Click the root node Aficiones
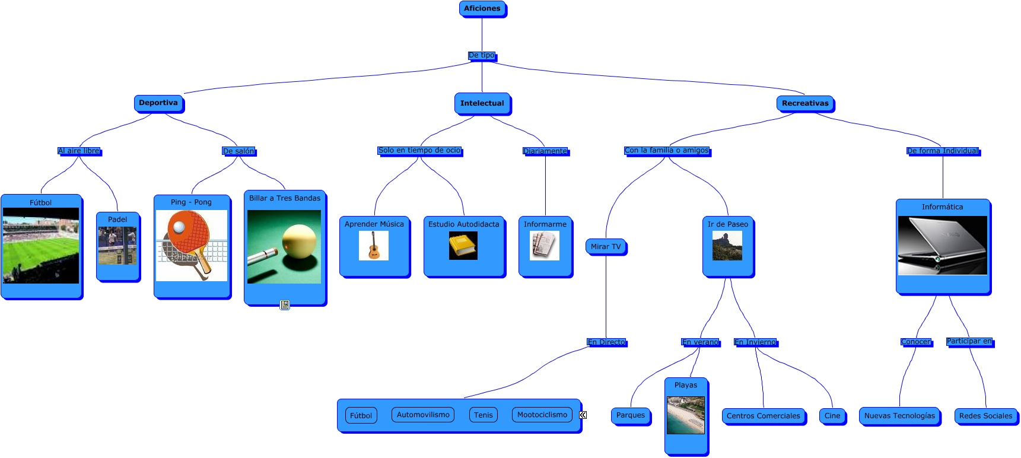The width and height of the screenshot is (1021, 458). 482,9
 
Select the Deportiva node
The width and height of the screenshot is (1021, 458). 158,103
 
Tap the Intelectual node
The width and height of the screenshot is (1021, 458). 482,103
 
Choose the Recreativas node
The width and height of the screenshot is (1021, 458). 805,103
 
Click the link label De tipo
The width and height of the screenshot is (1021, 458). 482,55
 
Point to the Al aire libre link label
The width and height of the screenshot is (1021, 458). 79,151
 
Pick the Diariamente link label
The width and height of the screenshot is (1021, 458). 545,151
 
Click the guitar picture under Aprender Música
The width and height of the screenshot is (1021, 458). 374,246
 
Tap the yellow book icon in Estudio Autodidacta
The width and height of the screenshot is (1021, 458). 463,246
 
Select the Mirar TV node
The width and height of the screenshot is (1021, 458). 606,247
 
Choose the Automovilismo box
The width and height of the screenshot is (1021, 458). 423,415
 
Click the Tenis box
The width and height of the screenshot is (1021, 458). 484,415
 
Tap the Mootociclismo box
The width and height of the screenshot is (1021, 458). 542,415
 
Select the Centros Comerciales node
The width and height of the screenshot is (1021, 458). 764,416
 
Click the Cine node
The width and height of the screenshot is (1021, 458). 832,416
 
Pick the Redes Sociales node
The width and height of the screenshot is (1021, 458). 985,416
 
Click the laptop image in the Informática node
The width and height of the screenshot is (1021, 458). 942,246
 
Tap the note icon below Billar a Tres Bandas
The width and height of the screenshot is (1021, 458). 285,305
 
